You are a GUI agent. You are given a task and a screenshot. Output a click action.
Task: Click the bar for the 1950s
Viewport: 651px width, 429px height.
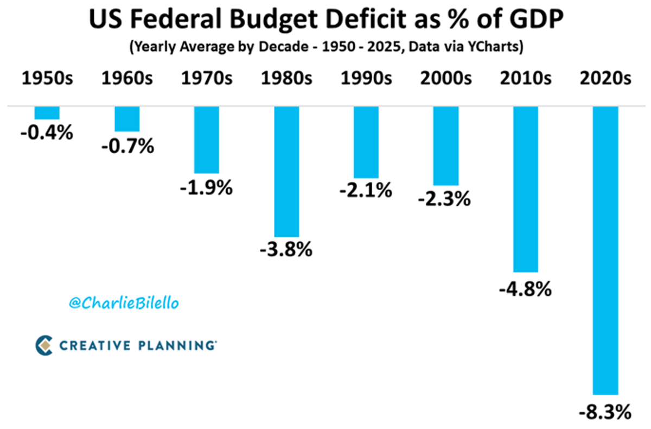[x=47, y=112]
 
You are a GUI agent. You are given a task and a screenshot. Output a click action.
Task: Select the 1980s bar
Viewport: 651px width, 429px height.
[x=286, y=171]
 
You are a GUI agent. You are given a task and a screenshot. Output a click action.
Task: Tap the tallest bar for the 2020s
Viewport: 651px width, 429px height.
[x=605, y=250]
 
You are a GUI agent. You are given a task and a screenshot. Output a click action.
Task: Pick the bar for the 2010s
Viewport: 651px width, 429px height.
[x=525, y=188]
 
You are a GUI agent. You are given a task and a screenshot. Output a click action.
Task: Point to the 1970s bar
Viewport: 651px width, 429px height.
[x=207, y=140]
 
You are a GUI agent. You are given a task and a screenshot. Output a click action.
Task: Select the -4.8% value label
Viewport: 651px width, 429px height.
[x=525, y=289]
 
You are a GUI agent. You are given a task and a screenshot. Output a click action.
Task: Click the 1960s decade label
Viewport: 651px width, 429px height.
[x=127, y=79]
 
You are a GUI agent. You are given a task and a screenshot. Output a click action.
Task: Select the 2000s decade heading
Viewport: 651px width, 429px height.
[x=445, y=79]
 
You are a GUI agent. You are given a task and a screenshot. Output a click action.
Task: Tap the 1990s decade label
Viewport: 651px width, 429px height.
[x=366, y=79]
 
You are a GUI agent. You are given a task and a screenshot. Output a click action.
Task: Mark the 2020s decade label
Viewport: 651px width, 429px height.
[x=605, y=79]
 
